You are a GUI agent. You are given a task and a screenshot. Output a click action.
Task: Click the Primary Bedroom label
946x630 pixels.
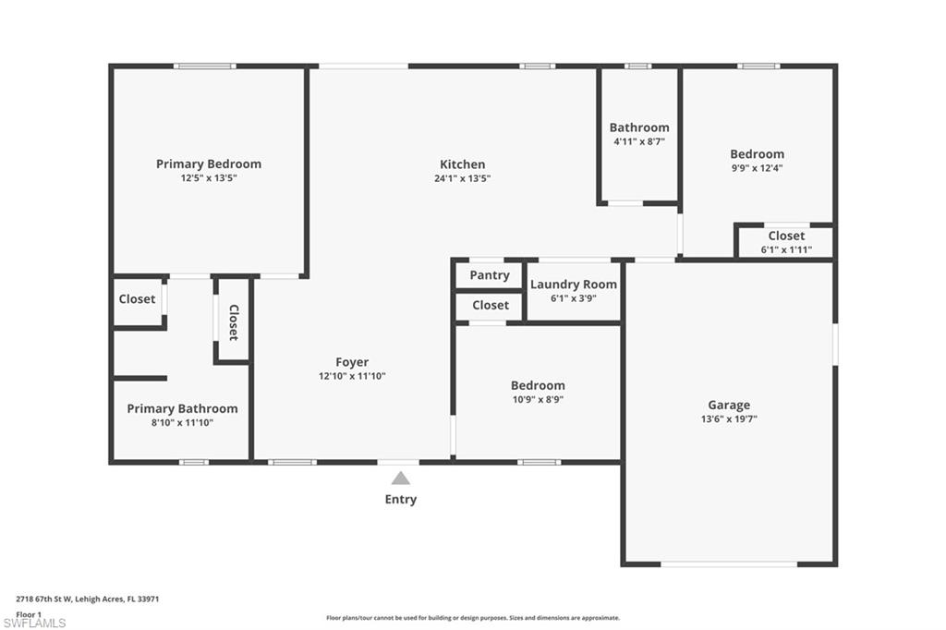point(208,164)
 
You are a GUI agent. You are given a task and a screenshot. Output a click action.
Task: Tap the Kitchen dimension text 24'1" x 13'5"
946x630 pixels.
point(463,178)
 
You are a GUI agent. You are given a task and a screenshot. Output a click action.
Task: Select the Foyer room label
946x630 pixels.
point(352,362)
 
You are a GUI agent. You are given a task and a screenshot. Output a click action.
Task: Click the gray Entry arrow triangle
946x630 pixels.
point(400,478)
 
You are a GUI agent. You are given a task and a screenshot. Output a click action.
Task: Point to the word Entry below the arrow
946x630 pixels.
point(400,499)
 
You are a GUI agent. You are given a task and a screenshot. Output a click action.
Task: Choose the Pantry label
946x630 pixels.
point(490,275)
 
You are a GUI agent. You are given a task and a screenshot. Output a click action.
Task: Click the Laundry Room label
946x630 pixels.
point(573,284)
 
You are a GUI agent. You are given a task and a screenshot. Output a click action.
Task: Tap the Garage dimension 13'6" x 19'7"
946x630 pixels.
point(729,418)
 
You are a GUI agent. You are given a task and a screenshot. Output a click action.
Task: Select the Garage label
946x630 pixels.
point(729,405)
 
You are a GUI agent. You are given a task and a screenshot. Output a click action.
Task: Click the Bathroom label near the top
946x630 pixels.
point(638,127)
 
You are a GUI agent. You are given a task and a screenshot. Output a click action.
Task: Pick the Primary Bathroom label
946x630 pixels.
point(182,408)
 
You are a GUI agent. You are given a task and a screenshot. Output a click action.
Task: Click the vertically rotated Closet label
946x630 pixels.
point(233,322)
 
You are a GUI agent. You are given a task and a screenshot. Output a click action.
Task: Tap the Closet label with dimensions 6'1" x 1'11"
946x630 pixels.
point(785,236)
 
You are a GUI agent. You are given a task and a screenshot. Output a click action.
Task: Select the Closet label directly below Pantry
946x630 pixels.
point(490,305)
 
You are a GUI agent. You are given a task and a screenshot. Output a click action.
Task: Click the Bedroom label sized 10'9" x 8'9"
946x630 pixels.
point(538,385)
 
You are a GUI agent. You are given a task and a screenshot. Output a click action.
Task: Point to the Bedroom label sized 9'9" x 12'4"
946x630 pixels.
point(757,154)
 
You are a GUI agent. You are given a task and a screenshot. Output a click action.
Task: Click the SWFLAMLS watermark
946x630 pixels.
point(34,623)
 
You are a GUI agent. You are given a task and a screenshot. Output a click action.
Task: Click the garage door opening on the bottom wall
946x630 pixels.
point(729,563)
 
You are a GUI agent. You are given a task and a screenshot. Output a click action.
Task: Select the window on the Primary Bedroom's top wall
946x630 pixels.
point(204,66)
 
